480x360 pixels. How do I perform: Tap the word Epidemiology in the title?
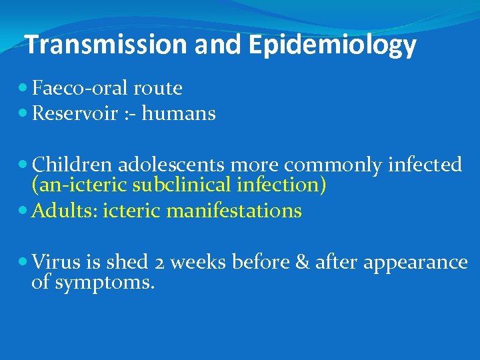(333, 46)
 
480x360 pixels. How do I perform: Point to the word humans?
(179, 114)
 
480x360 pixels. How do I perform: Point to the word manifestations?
(234, 211)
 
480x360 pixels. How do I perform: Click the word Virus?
(55, 262)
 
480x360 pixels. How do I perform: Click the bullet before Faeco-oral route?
(24, 88)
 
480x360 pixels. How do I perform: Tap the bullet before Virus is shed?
(24, 262)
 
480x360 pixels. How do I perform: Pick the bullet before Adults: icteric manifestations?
(24, 211)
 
